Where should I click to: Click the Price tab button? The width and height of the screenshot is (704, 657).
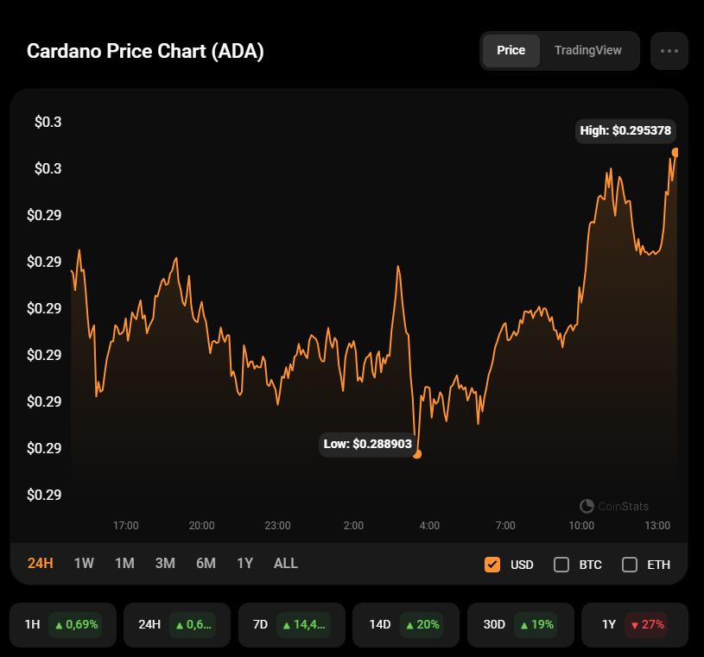click(511, 50)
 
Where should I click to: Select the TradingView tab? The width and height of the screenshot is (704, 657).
click(587, 50)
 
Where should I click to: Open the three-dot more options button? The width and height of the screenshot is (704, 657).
click(669, 50)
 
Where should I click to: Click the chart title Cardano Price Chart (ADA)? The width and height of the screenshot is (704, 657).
click(145, 51)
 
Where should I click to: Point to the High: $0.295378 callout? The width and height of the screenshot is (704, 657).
click(626, 131)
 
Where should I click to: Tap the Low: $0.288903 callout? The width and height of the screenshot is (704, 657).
click(367, 444)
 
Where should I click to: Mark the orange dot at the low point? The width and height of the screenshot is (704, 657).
click(417, 453)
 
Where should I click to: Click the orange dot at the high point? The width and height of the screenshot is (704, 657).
click(675, 153)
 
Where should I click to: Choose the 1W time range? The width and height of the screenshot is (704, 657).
click(84, 564)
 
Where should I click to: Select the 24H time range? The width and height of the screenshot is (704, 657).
click(41, 564)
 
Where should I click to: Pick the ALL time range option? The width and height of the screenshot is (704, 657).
click(285, 564)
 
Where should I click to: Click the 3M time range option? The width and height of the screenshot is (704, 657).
click(165, 564)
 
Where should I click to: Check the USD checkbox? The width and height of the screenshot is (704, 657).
click(492, 565)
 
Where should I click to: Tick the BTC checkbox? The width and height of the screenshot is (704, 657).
click(561, 565)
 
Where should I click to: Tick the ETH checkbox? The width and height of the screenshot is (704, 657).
click(630, 565)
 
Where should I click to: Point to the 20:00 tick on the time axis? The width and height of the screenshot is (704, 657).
click(201, 525)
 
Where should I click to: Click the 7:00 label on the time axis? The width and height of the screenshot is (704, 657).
click(505, 525)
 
